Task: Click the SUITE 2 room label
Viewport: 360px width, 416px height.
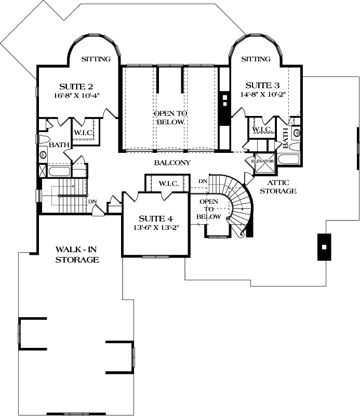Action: coord(76,86)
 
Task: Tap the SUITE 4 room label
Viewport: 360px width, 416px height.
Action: coord(155,218)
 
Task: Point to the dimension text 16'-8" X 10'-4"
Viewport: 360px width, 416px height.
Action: coord(76,95)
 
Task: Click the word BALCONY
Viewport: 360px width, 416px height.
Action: coord(172,163)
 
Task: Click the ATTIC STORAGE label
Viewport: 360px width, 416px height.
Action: coord(282,187)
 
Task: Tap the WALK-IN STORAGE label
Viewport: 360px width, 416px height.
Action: coord(77,254)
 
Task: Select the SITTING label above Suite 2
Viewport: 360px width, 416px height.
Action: coord(96,59)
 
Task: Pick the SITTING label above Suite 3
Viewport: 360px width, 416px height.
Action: coord(256,59)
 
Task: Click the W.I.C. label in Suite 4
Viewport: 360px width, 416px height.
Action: coord(169,184)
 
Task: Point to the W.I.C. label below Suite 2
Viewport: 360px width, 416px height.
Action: coord(83,133)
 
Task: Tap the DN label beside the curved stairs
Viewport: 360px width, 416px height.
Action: coord(203,181)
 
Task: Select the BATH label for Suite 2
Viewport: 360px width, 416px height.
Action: coord(57,145)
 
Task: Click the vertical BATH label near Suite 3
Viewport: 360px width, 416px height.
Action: coord(286,137)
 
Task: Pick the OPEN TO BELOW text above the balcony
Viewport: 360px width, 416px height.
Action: coord(170,118)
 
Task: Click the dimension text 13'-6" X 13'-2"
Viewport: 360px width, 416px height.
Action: coord(155,227)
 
